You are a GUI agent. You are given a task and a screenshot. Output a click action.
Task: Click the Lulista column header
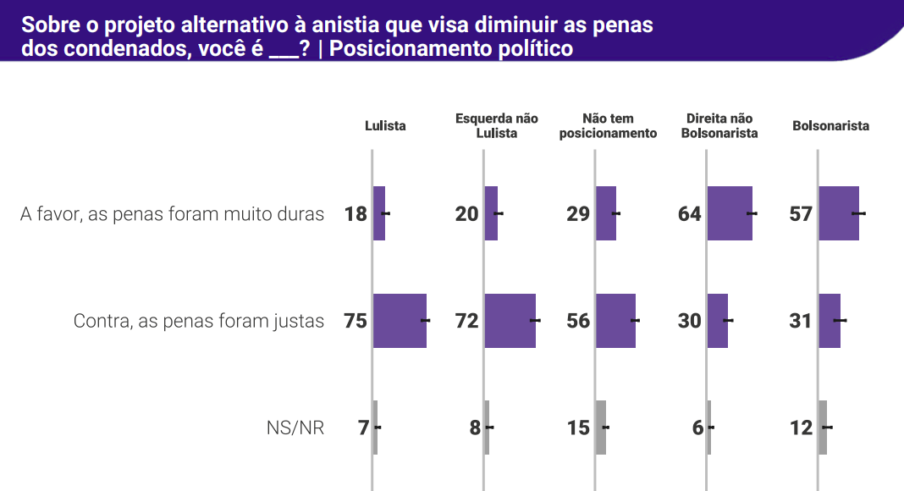tap(385, 126)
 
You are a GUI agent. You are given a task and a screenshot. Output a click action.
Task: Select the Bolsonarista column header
tap(830, 126)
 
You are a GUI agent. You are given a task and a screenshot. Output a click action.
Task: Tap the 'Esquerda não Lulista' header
tap(497, 126)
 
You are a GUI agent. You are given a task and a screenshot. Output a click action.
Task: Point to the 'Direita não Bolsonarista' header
tap(719, 126)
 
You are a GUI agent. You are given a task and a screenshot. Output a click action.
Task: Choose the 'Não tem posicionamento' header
tap(608, 126)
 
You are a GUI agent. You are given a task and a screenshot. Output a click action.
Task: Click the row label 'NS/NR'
tap(295, 428)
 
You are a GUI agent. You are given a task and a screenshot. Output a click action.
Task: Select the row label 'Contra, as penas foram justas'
tap(199, 321)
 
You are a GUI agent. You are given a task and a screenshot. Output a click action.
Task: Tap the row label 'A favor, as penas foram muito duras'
tap(173, 214)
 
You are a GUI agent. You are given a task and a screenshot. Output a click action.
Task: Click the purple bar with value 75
tap(400, 321)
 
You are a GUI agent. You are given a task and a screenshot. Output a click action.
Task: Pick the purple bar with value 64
tap(729, 214)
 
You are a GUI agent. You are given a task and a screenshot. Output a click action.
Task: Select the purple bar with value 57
tap(838, 214)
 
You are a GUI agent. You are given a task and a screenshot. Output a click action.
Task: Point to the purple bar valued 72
tap(510, 321)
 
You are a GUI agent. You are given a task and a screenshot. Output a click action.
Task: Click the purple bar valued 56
tap(615, 321)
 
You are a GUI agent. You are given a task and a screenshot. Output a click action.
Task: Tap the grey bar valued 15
tap(601, 428)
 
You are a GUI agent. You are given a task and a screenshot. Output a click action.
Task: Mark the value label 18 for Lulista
tap(356, 214)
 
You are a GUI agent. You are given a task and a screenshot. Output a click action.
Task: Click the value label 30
tap(690, 321)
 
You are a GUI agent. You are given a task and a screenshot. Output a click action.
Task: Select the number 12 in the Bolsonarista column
tap(801, 428)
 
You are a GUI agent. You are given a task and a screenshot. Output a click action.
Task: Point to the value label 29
tap(578, 214)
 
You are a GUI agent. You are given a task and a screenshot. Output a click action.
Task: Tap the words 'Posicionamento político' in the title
tap(451, 48)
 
